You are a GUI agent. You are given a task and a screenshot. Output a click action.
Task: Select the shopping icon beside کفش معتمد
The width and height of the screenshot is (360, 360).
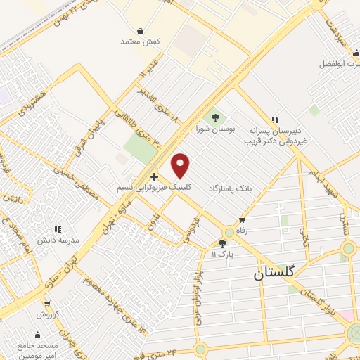[x=141, y=32]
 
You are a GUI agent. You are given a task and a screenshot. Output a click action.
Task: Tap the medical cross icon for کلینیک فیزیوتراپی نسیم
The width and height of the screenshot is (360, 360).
[x=154, y=176]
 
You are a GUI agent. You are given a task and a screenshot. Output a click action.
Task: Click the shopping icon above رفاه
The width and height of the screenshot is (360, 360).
[x=242, y=220]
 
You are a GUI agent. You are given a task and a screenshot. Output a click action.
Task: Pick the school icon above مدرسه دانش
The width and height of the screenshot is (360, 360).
[x=58, y=229]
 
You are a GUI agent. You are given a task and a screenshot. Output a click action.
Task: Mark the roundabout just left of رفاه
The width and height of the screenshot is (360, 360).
[x=229, y=233]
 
